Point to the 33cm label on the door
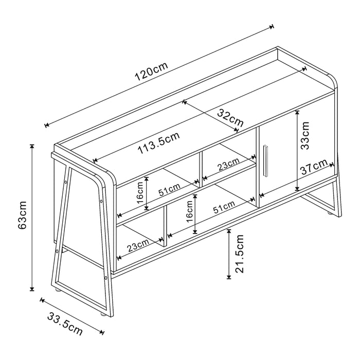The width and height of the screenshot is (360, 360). (305, 135)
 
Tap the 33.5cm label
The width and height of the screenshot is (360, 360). (65, 323)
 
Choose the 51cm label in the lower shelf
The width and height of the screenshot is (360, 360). (225, 206)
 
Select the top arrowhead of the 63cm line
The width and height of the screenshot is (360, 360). (32, 146)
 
